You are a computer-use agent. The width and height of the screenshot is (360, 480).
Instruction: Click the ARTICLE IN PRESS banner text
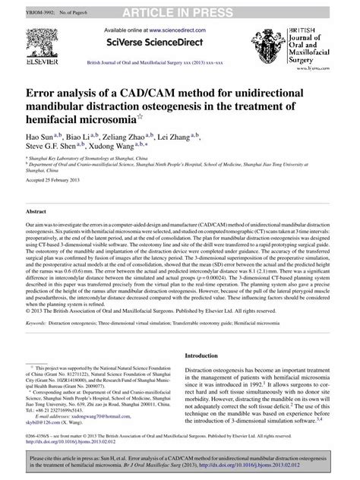[x=179, y=8]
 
